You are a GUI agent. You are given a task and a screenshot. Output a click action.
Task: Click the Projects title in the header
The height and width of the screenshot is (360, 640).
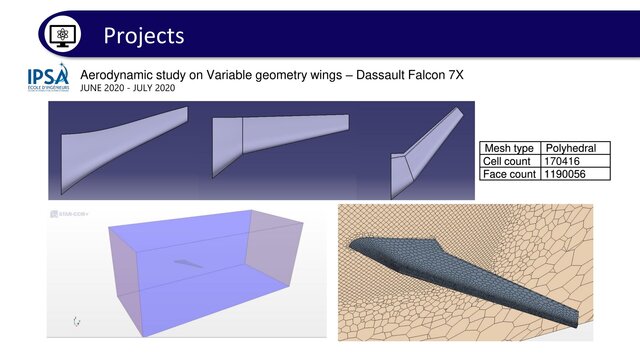point(144,35)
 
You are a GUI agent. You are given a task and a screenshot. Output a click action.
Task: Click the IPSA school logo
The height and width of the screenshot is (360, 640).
point(48,80)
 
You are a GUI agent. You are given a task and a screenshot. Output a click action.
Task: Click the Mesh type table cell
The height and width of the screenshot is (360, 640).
point(510,147)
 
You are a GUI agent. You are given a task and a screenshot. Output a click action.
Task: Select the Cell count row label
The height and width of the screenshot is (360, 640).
point(510,160)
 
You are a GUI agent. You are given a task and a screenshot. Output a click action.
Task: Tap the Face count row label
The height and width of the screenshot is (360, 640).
point(510,173)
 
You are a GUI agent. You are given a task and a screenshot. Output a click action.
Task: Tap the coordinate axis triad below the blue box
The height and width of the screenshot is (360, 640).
point(77,322)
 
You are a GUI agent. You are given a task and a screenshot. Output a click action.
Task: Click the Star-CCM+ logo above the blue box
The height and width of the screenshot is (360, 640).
point(67,213)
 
